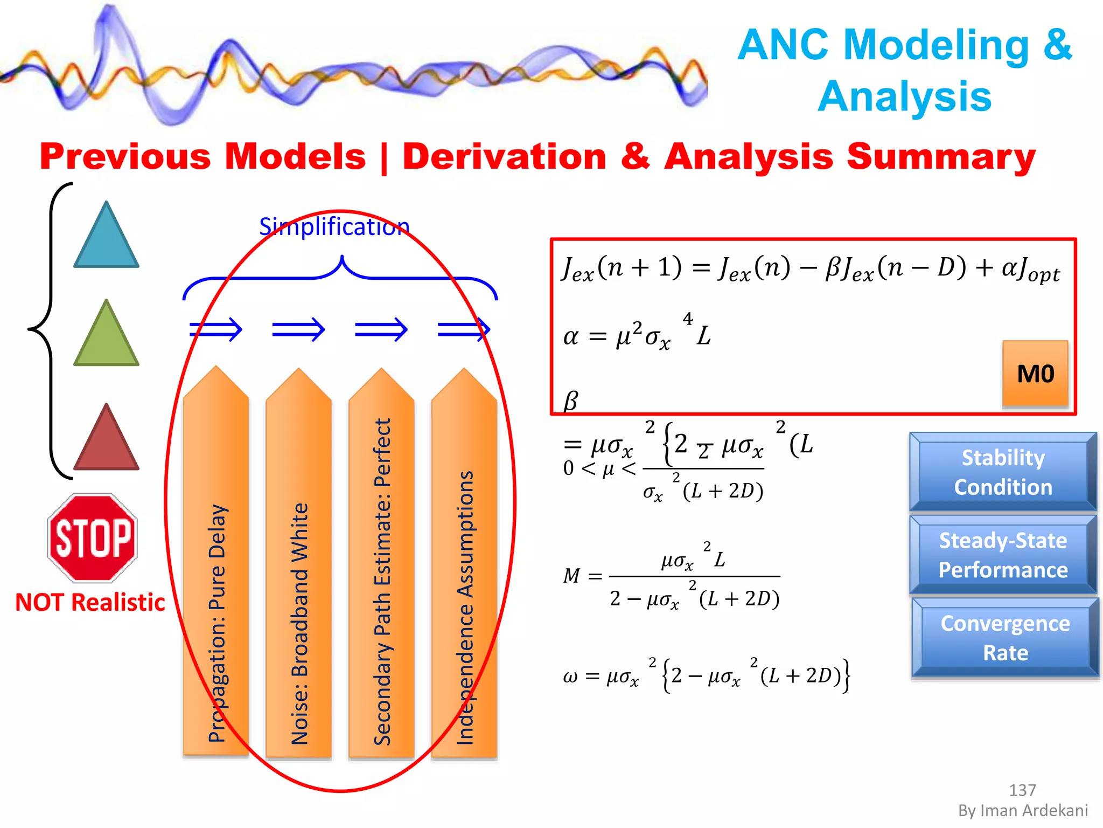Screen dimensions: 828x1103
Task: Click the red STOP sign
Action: click(x=93, y=538)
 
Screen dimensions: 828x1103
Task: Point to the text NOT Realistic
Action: click(x=90, y=602)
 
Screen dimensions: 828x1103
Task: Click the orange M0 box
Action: click(x=1035, y=374)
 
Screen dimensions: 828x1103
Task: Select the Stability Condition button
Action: click(x=1003, y=472)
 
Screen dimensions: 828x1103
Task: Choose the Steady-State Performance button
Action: click(x=1003, y=555)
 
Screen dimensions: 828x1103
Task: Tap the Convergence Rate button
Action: click(x=1005, y=638)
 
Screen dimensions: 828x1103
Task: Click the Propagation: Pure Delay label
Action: click(x=217, y=623)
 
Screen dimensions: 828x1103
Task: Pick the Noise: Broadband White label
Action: click(x=299, y=623)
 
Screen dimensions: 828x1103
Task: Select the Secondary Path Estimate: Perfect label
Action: click(x=382, y=582)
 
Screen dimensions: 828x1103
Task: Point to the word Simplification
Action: click(x=334, y=226)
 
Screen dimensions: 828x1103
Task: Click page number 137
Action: click(x=1022, y=790)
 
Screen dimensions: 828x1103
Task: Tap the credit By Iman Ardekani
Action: click(x=1023, y=810)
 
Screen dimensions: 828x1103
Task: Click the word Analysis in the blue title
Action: click(x=904, y=97)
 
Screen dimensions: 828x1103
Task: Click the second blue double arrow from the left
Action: click(x=298, y=329)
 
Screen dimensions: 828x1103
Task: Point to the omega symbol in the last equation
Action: click(x=570, y=676)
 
